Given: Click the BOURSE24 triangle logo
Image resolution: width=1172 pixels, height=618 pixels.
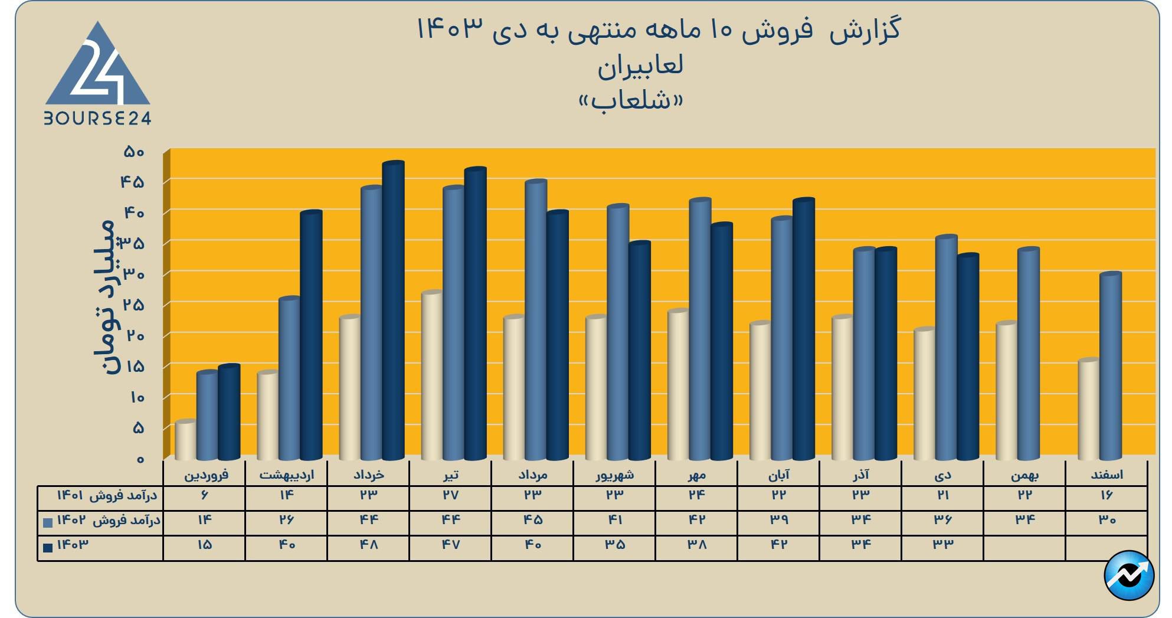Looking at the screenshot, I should tap(98, 74).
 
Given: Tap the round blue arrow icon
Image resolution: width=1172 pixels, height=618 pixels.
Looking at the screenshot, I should tap(1128, 575).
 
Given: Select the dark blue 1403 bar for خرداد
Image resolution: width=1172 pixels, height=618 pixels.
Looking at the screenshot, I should tap(393, 310).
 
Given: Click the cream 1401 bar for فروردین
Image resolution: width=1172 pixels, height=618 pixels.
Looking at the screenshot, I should tap(185, 440).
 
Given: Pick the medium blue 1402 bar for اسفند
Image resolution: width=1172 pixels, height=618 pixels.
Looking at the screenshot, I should tap(1110, 366).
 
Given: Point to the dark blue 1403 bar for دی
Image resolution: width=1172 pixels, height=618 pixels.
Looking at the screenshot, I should tap(967, 357).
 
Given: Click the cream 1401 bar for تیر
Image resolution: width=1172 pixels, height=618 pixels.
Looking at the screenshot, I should tap(432, 375).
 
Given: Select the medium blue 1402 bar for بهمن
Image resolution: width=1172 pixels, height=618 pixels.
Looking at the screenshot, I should tap(1028, 354).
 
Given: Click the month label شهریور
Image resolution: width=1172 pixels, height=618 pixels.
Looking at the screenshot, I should tap(614, 475).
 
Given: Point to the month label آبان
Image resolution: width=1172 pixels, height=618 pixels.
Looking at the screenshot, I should tap(778, 475).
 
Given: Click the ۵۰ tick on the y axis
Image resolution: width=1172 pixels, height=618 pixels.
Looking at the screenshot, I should tap(134, 152).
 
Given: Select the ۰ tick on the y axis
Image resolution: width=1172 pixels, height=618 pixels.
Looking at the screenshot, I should tap(140, 459).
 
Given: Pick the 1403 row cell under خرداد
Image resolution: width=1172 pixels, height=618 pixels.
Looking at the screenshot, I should tap(368, 545).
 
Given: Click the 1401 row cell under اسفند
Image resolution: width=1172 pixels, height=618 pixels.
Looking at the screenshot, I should tap(1106, 495).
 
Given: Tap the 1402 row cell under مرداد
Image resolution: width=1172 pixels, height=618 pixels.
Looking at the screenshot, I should tap(532, 520).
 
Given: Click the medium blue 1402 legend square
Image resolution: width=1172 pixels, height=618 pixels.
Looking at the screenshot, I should tap(48, 522).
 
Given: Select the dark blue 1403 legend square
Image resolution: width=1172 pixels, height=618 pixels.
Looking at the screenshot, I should tap(48, 547).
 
